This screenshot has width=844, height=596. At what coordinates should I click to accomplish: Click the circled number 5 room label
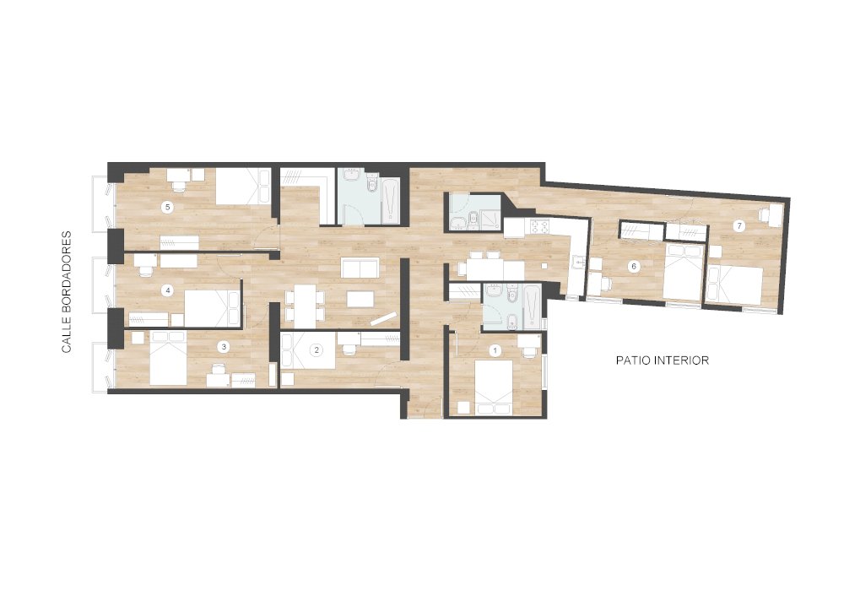(168, 206)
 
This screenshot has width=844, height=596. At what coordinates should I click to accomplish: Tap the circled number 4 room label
(168, 290)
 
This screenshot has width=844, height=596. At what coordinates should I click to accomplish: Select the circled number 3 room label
(223, 346)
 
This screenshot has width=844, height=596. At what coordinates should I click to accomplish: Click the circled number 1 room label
(495, 349)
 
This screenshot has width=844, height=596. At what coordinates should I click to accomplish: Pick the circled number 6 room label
(635, 266)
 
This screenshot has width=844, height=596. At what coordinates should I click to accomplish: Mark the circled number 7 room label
(738, 225)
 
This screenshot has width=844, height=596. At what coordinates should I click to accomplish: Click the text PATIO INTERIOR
(662, 360)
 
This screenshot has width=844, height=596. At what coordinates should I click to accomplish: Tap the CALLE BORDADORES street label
(66, 290)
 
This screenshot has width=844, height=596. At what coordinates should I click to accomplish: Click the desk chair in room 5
(178, 186)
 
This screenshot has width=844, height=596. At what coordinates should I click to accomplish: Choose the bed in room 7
(734, 283)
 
